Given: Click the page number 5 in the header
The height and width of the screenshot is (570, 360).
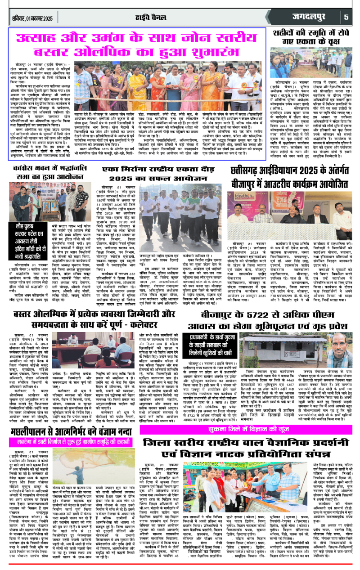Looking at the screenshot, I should click(346, 18).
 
